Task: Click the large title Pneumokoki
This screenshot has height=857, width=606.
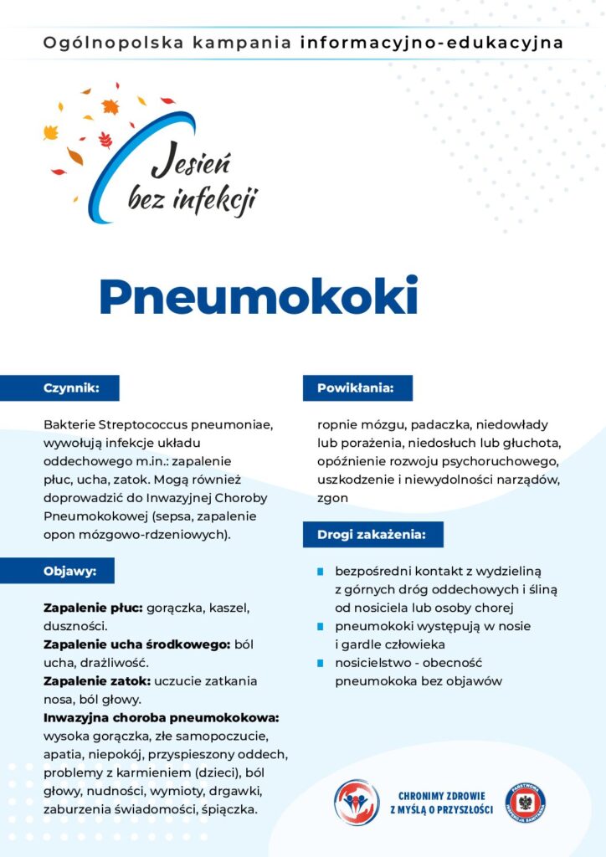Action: tap(258, 295)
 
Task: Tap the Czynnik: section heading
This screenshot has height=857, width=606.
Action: tap(71, 388)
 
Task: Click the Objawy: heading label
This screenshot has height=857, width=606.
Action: tap(69, 571)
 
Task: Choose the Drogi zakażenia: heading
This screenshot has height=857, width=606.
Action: tap(371, 534)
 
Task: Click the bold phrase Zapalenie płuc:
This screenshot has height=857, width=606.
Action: tap(93, 606)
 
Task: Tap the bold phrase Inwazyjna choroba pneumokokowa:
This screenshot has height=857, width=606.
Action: tap(161, 717)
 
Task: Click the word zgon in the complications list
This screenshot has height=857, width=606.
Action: tap(332, 497)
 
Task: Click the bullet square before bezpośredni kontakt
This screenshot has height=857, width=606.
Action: tap(320, 572)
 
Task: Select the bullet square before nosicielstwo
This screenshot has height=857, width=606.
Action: tap(320, 663)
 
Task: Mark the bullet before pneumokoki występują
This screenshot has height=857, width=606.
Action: tap(320, 626)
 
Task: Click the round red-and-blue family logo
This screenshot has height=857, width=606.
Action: tap(356, 802)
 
